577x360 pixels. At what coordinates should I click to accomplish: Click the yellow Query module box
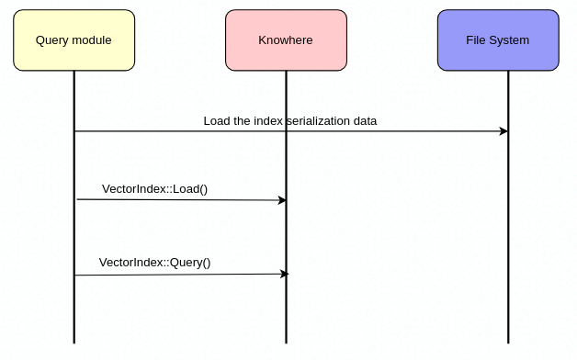tap(74, 40)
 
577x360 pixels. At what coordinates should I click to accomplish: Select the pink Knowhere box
tap(286, 40)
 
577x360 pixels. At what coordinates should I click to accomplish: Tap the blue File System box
tap(497, 40)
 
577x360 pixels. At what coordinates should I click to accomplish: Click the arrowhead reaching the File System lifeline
tap(503, 131)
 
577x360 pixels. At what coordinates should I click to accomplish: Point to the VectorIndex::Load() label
tap(154, 189)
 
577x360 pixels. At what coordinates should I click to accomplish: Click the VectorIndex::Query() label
tap(154, 263)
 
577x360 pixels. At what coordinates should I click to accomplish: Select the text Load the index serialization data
tap(289, 121)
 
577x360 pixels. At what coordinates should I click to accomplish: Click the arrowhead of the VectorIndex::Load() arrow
tap(282, 200)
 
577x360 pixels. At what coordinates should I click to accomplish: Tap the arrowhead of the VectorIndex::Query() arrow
tap(284, 274)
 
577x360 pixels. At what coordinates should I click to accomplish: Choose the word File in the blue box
tap(477, 40)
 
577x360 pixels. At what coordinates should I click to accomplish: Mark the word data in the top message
tap(364, 121)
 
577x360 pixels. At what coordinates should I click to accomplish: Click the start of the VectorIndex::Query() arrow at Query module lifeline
tap(75, 275)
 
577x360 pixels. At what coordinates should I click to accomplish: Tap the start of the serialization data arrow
tap(75, 131)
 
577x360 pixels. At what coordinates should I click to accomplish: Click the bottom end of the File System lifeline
tap(508, 342)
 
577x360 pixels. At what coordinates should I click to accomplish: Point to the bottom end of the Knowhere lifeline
tap(286, 342)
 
